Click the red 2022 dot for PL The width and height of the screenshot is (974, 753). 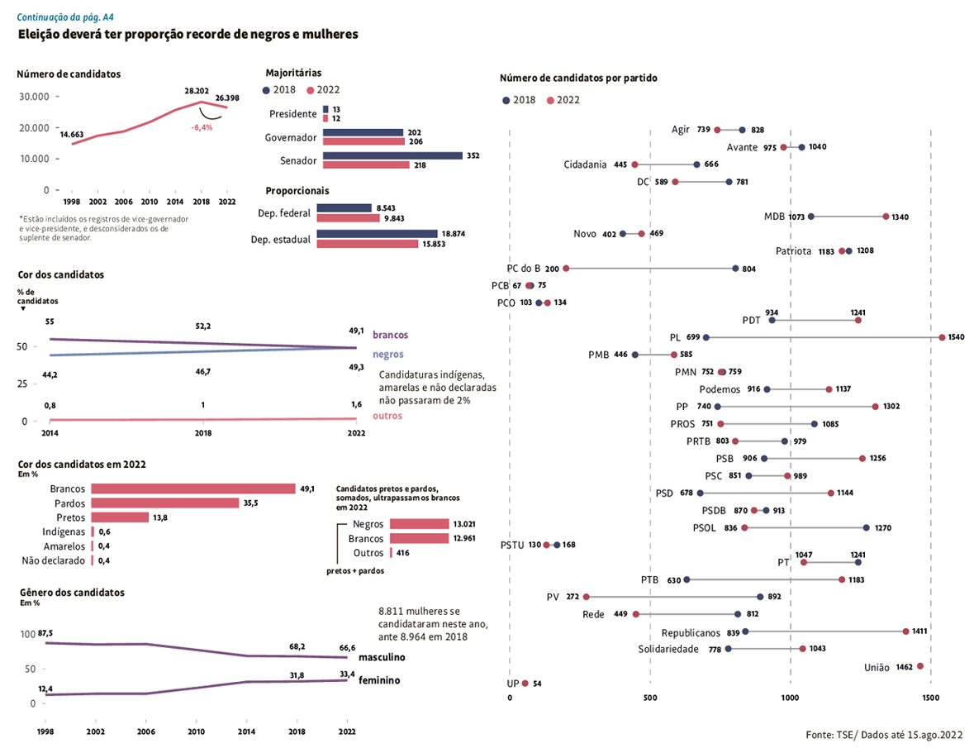pos(942,337)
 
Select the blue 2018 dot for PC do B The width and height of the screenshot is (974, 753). pos(735,269)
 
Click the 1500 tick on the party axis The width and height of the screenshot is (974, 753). pos(931,698)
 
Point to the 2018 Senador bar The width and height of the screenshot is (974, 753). pos(392,155)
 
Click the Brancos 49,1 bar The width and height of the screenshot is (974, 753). pos(193,488)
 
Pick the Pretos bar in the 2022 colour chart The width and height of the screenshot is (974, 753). pos(120,517)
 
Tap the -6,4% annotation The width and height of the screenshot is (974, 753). pos(202,127)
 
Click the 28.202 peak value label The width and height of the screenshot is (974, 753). pos(196,90)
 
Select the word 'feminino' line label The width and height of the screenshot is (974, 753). pos(380,680)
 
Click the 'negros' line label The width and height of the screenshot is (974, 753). pos(388,354)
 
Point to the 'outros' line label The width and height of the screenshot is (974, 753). pos(387,416)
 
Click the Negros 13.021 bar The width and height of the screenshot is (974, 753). pos(418,524)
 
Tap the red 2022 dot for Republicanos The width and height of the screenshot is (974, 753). pos(905,631)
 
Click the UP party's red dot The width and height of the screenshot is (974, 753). pos(525,684)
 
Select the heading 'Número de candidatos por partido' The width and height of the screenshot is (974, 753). pos(578,79)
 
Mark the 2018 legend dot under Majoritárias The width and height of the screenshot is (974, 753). pos(266,90)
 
